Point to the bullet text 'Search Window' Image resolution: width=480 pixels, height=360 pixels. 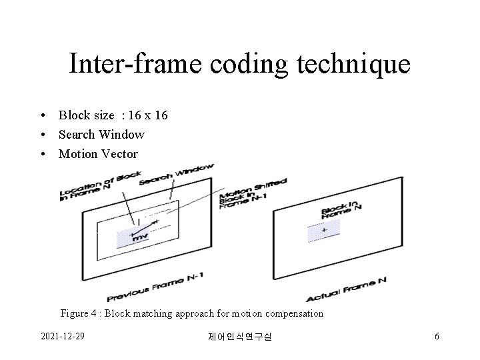coord(101,135)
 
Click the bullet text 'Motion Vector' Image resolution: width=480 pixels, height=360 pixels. coord(98,154)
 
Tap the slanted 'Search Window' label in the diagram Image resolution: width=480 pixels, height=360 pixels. coord(176,175)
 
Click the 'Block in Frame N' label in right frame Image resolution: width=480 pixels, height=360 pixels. coord(341,209)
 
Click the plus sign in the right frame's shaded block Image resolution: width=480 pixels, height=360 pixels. coord(324,231)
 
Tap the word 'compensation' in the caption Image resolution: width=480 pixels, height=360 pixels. coord(293,313)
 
